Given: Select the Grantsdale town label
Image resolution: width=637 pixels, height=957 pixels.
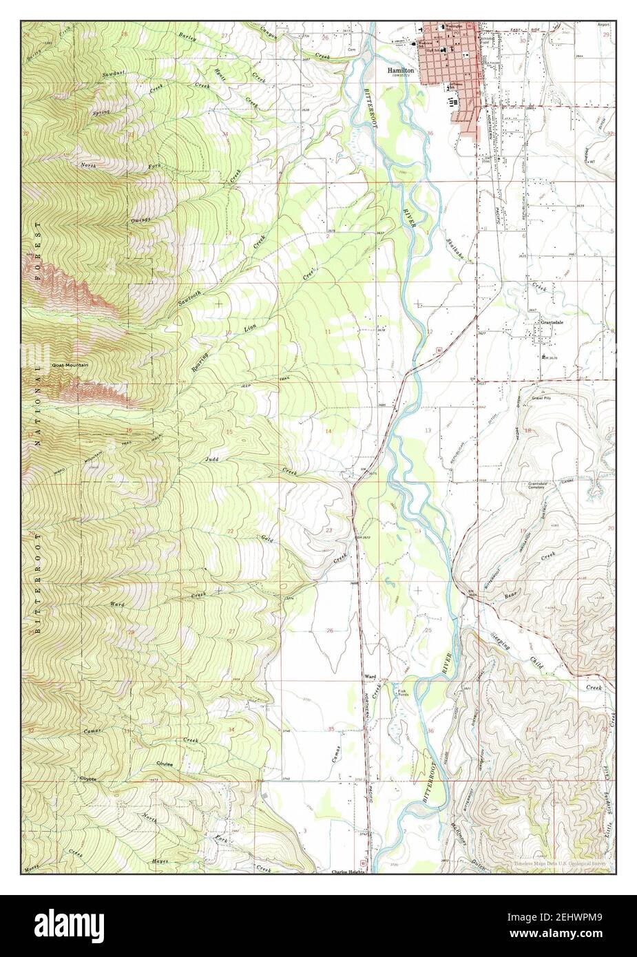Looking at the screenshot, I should (x=552, y=322).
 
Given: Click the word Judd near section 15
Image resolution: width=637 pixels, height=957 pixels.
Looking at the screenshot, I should (x=211, y=458).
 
